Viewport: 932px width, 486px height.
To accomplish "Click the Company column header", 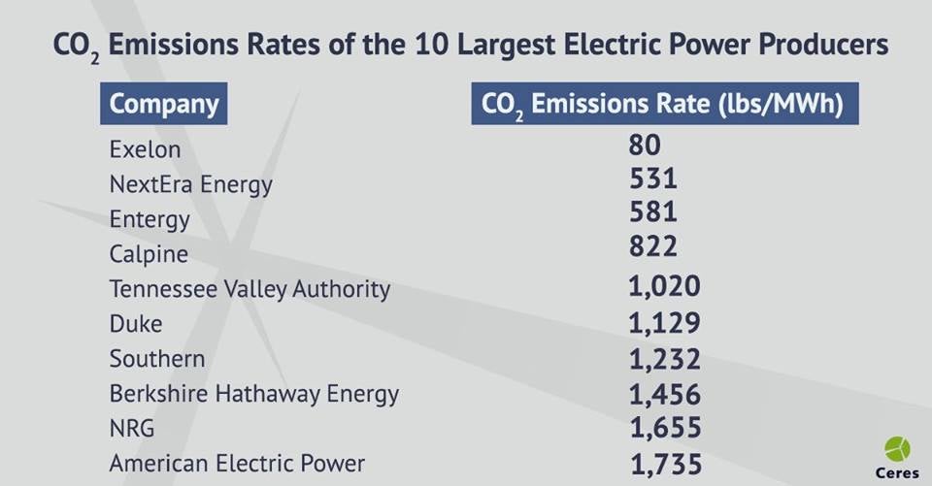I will click(x=163, y=105).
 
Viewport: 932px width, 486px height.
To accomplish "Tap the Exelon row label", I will click(x=145, y=150).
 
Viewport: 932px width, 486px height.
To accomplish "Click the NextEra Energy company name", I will click(x=190, y=183).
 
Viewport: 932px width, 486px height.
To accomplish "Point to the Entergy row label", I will click(x=150, y=219).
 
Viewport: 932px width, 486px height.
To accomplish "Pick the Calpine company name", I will click(x=149, y=254).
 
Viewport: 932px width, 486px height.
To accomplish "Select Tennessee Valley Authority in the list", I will click(x=250, y=289).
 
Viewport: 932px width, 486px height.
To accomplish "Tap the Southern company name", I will click(x=157, y=358).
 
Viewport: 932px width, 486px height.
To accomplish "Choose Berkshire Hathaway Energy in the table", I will click(x=253, y=393).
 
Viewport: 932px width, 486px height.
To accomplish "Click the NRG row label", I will click(x=132, y=428).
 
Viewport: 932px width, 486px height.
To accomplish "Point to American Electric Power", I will click(x=237, y=463).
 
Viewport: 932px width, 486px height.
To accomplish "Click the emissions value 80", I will click(x=644, y=146).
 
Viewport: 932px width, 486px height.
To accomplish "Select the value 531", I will click(x=652, y=179).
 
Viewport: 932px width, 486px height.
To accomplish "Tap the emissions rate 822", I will click(x=652, y=246).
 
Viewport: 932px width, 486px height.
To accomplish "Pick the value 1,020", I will click(x=664, y=287).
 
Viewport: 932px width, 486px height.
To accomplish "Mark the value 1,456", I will click(x=664, y=393).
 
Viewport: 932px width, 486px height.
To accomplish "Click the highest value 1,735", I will click(x=666, y=463).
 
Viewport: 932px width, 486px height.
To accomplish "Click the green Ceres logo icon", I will click(x=898, y=449).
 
